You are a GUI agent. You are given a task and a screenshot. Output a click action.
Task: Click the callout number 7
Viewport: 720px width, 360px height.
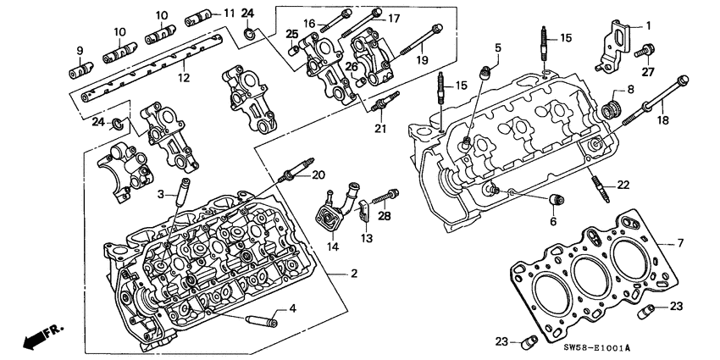coord(678,243)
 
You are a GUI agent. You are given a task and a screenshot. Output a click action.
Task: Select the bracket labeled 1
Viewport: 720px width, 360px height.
coord(617,42)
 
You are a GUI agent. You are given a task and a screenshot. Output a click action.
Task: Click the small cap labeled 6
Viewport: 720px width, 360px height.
coord(557,201)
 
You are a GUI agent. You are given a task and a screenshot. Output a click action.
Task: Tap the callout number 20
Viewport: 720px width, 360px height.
coord(316,174)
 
